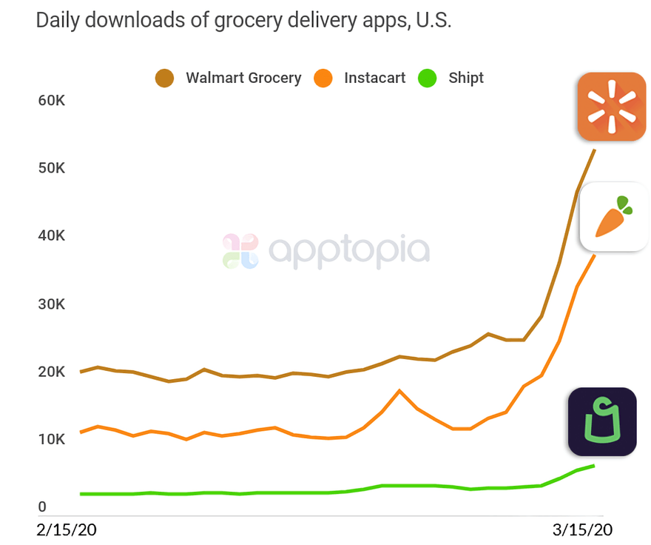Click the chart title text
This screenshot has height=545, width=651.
pos(243,20)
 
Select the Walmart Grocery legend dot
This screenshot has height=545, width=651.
pos(164,78)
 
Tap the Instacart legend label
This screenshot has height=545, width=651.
pos(374,78)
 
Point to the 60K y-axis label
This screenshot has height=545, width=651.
pos(52,100)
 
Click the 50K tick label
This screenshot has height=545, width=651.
pos(52,168)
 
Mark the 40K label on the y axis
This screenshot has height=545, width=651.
pos(52,236)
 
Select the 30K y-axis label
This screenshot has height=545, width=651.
pos(52,304)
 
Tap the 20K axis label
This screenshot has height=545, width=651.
pos(52,372)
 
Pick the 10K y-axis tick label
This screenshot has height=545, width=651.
pos(52,440)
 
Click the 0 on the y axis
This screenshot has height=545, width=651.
pos(42,508)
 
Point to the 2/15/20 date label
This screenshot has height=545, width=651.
pos(67,530)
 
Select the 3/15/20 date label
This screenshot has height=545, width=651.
pos(584,530)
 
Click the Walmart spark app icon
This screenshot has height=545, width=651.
pos(612,107)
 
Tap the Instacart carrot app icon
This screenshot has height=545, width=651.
pos(613,216)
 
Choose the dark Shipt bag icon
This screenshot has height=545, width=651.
pos(602,421)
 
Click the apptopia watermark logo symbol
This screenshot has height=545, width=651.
pos(240,251)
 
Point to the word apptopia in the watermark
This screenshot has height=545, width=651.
pos(348,252)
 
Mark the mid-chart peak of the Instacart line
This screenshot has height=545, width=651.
pos(399,390)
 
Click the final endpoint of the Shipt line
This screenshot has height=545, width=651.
pos(594,465)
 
